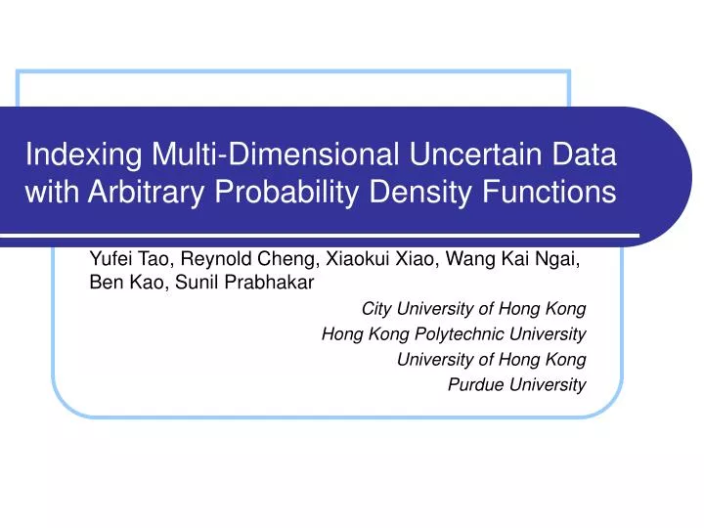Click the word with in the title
pyautogui.click(x=52, y=193)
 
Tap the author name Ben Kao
pyautogui.click(x=122, y=282)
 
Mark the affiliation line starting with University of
pyautogui.click(x=491, y=359)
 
